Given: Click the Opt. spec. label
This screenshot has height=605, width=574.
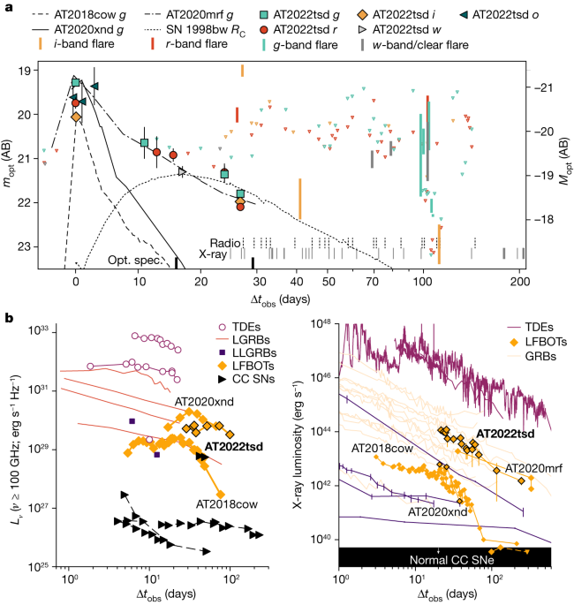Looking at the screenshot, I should point(133,261).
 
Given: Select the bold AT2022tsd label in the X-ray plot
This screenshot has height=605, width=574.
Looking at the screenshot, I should point(506,433).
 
